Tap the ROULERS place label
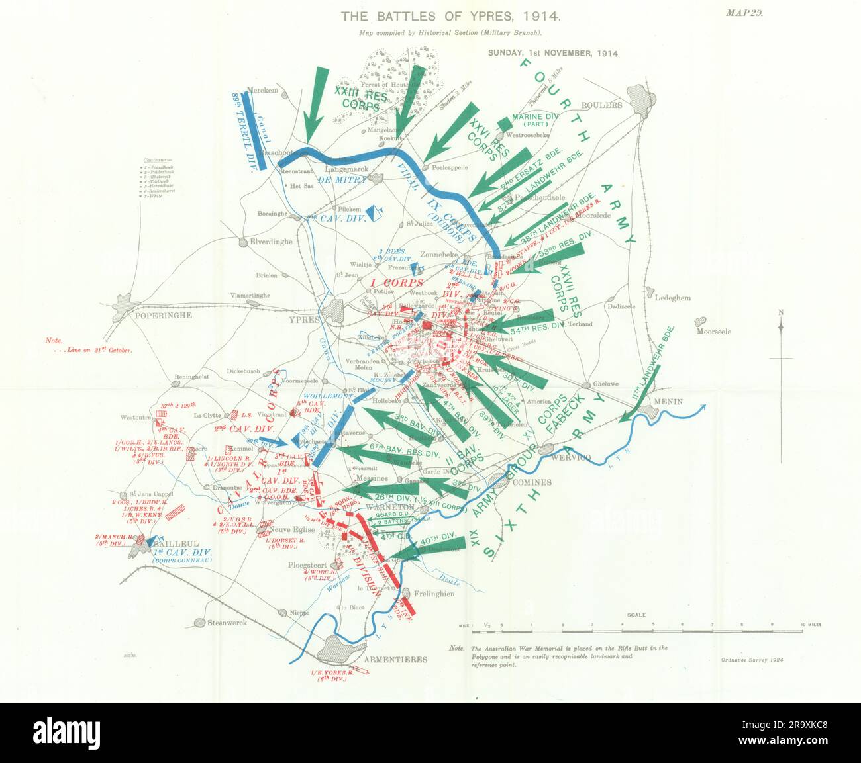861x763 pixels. [x=601, y=105]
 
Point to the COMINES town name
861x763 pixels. [x=531, y=482]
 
